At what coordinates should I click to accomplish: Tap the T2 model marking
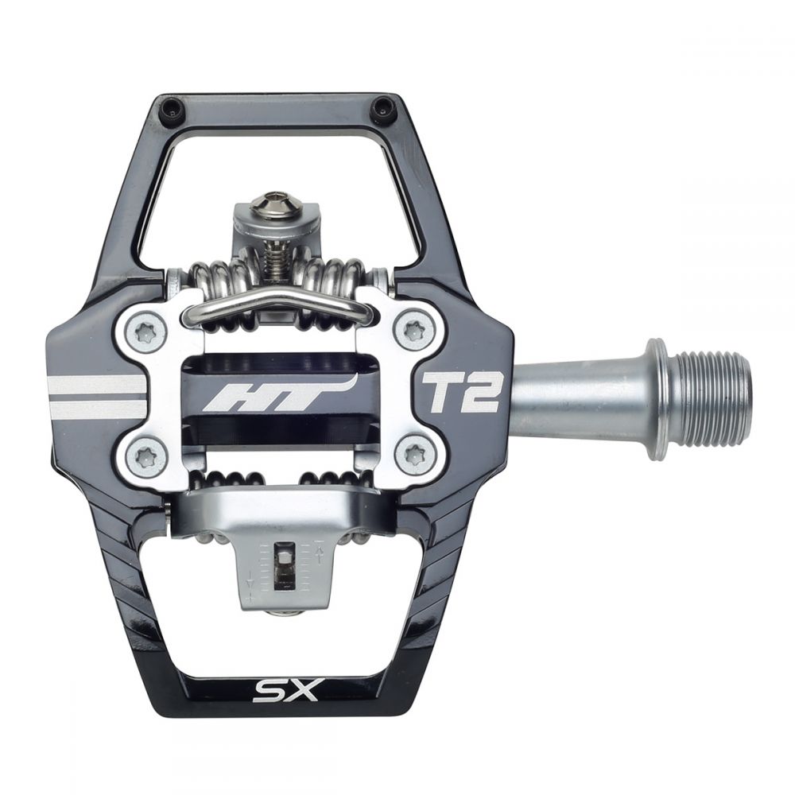coord(460,392)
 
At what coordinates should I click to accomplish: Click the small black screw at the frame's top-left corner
coord(169,111)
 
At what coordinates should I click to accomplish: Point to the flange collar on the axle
coord(657,399)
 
